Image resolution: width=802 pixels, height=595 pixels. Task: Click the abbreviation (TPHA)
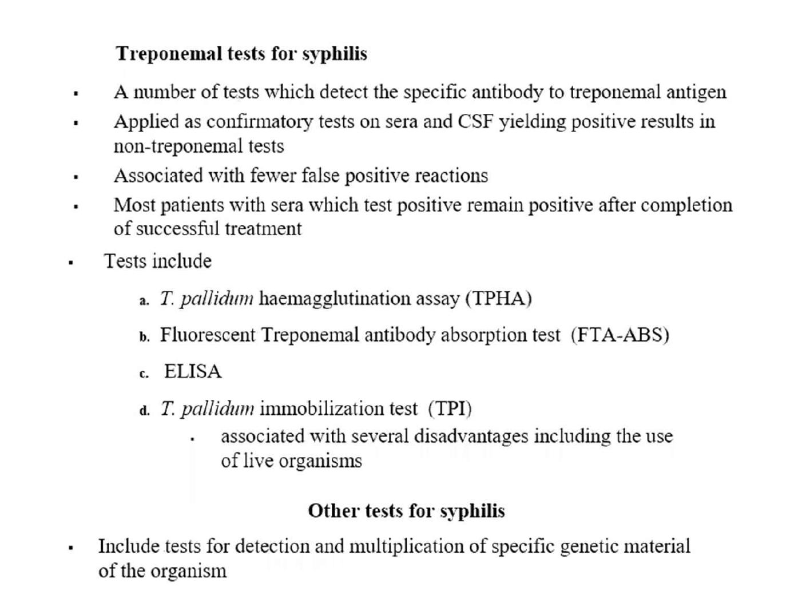coord(498,299)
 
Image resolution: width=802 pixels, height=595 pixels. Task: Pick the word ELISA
coord(193,371)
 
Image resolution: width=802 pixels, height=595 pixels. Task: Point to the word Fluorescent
coord(208,335)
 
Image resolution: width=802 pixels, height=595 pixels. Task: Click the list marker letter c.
coord(144,374)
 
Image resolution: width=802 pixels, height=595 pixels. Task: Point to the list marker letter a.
coord(144,301)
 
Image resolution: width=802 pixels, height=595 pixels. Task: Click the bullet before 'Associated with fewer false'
coord(76,177)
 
